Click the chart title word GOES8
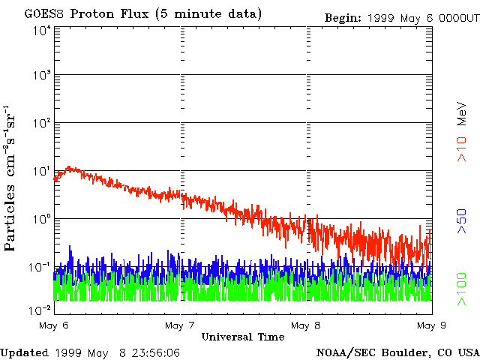click(45, 13)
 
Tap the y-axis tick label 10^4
click(41, 30)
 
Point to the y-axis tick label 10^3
click(41, 75)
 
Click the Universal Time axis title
click(243, 337)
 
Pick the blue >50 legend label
click(463, 222)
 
